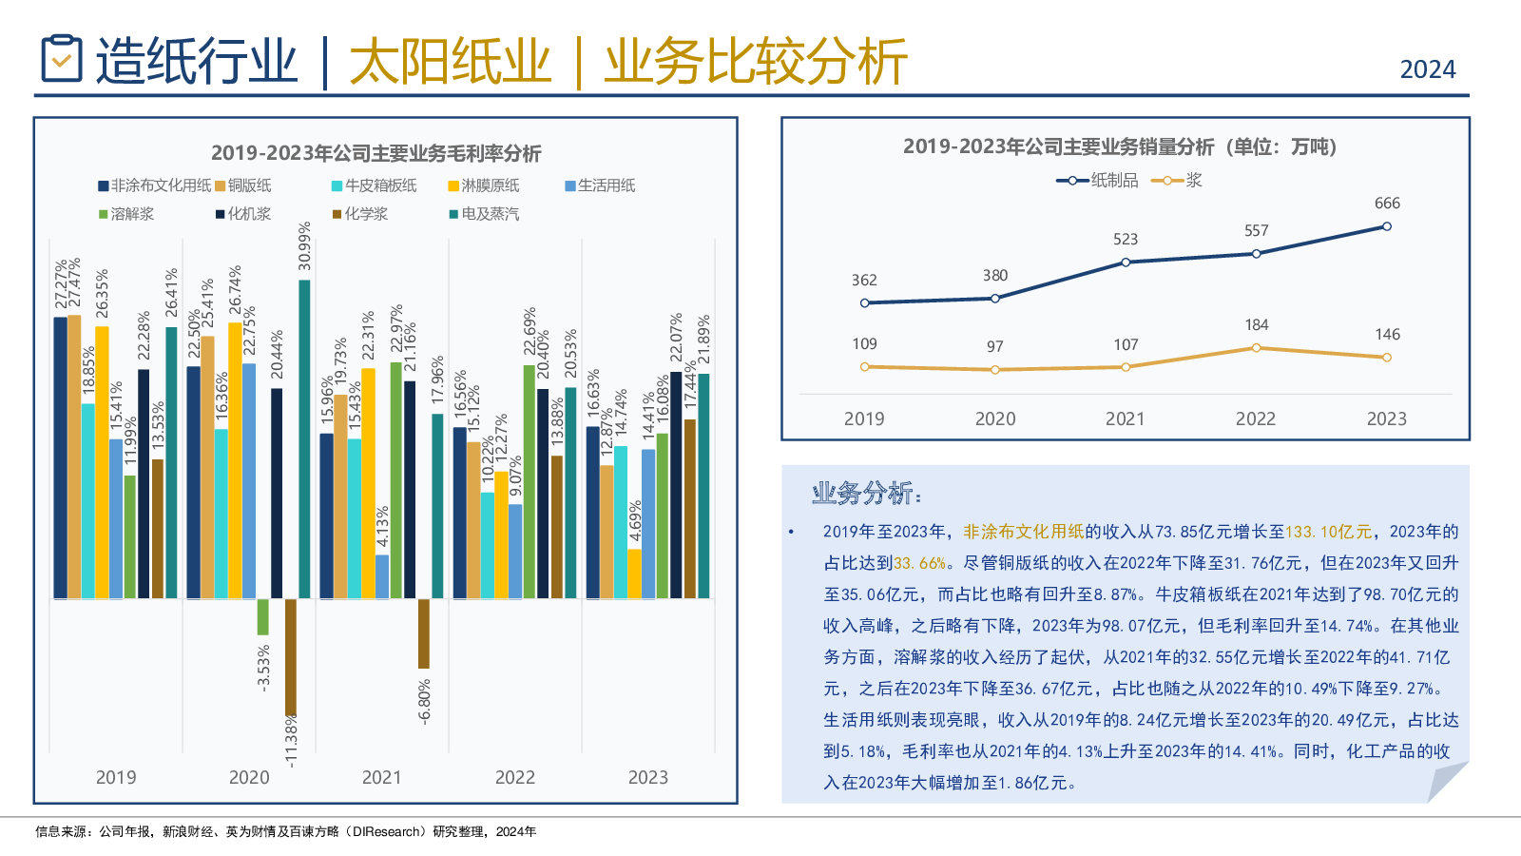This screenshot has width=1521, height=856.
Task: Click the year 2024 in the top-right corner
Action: pyautogui.click(x=1427, y=69)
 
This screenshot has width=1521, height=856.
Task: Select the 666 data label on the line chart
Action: pyautogui.click(x=1387, y=204)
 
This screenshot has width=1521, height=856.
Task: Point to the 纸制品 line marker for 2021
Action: pyautogui.click(x=1126, y=262)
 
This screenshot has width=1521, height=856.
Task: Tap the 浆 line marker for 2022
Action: pyautogui.click(x=1256, y=348)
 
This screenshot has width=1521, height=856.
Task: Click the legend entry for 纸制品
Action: pyautogui.click(x=1097, y=181)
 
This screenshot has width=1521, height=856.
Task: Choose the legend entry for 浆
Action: pyautogui.click(x=1178, y=181)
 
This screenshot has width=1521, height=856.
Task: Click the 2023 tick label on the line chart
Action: pyautogui.click(x=1386, y=418)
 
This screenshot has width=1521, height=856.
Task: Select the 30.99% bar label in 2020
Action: pyautogui.click(x=304, y=246)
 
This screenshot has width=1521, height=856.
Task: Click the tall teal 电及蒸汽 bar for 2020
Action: pyautogui.click(x=304, y=438)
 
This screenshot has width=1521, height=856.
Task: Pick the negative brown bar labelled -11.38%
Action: pyautogui.click(x=291, y=656)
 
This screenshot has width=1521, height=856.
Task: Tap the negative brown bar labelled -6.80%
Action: pyautogui.click(x=424, y=632)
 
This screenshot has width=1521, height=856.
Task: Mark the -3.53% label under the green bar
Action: pyautogui.click(x=264, y=667)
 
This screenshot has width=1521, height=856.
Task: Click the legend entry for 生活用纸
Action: pyautogui.click(x=600, y=185)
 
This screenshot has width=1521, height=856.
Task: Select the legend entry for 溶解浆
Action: pyautogui.click(x=126, y=214)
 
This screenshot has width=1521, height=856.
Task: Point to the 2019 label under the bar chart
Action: pyautogui.click(x=116, y=777)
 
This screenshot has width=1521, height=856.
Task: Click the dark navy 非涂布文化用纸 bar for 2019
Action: pyautogui.click(x=61, y=457)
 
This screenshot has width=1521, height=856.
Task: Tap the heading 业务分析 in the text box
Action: pyautogui.click(x=865, y=493)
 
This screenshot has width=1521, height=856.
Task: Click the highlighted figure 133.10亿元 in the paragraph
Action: pyautogui.click(x=1328, y=532)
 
